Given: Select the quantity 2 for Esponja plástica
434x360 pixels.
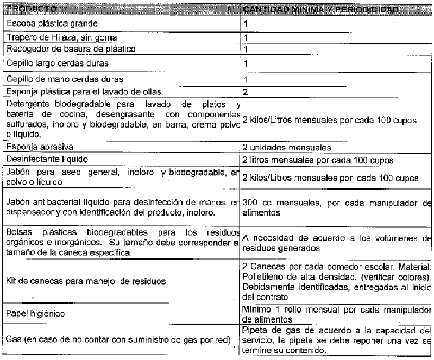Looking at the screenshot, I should pos(246,92).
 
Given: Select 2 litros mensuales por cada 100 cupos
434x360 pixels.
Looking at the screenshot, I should pos(318,161).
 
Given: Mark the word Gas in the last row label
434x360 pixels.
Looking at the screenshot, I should pos(14,340).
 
